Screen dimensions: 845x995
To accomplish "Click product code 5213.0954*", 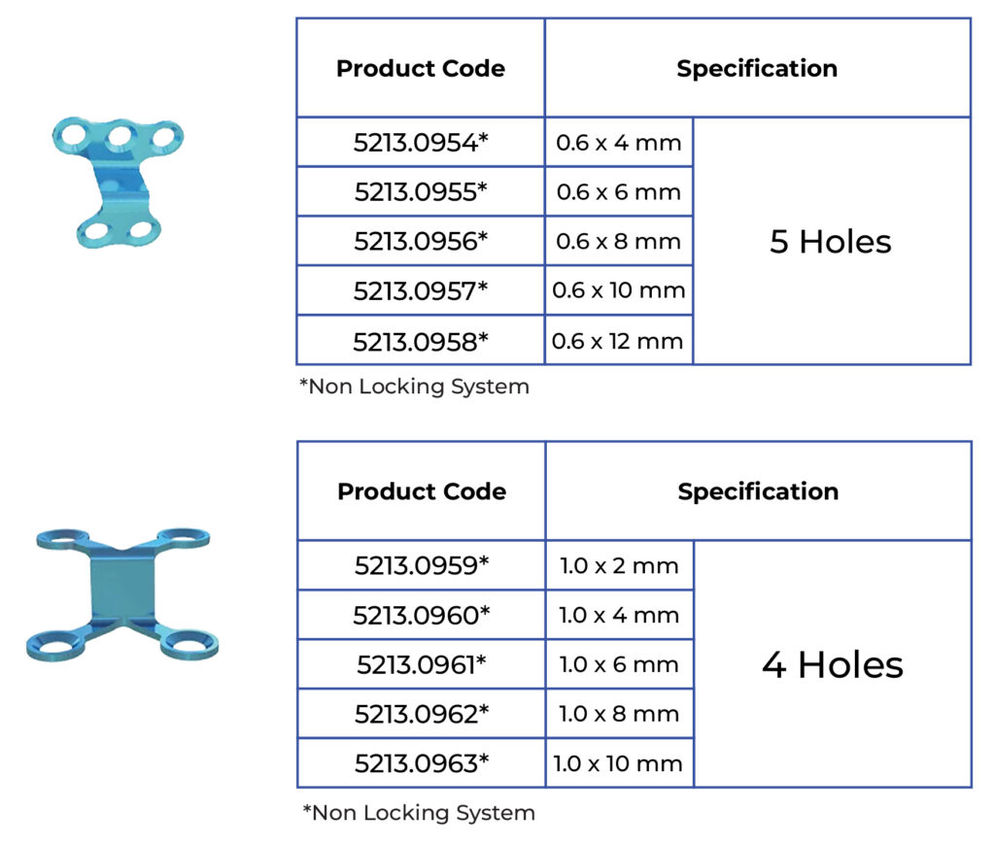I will tap(420, 143).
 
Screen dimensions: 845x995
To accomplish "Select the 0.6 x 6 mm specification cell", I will tap(618, 192).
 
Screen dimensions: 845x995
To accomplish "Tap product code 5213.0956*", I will tap(420, 242).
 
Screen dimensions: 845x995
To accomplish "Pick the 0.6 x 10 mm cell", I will tap(618, 290).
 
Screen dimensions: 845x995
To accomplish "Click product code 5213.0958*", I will tap(420, 341).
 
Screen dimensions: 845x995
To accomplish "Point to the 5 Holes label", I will tap(830, 242).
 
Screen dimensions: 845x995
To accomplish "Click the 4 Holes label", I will tap(832, 665).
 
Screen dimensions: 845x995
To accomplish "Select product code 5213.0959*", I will tap(421, 565).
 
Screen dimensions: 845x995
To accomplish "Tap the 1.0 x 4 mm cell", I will tap(619, 615).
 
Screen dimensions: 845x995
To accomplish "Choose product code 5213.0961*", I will tap(421, 665).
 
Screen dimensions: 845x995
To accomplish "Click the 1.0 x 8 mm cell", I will tap(619, 715).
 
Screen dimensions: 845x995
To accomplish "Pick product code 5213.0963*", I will tap(421, 763).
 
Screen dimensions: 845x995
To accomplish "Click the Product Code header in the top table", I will tap(420, 69).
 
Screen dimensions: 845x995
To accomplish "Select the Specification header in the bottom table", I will tap(758, 491).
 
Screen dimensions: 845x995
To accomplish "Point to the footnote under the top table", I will tap(414, 387).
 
